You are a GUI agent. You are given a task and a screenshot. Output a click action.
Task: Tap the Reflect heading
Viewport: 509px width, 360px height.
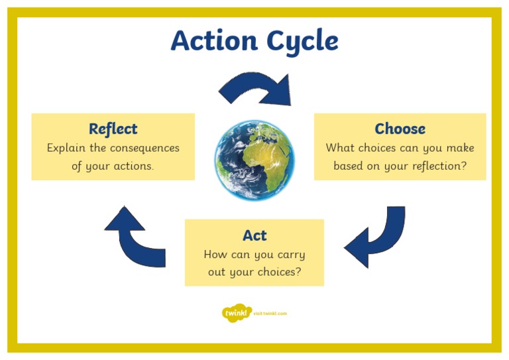[x=113, y=129]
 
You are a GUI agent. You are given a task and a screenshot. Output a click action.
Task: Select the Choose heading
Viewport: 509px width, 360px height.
[x=400, y=129]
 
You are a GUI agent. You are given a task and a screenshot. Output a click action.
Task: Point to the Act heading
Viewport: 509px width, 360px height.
[x=254, y=235]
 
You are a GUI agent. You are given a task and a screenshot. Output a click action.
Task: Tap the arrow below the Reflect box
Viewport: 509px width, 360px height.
[x=135, y=236]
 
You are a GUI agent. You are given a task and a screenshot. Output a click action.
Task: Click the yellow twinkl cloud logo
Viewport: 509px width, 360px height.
[x=237, y=312]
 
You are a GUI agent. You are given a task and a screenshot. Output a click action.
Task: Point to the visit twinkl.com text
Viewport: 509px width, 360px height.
[x=270, y=313]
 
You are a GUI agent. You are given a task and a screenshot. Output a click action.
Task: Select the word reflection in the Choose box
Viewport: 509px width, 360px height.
[x=435, y=166]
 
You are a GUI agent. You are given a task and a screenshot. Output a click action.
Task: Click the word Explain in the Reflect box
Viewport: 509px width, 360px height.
[x=66, y=148]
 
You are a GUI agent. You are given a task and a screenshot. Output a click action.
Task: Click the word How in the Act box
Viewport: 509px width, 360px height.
[x=215, y=255]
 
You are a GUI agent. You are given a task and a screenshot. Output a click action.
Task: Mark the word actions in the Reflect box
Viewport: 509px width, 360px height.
[x=133, y=166]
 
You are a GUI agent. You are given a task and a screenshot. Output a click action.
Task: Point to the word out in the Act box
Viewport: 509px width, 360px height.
[x=217, y=272]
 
